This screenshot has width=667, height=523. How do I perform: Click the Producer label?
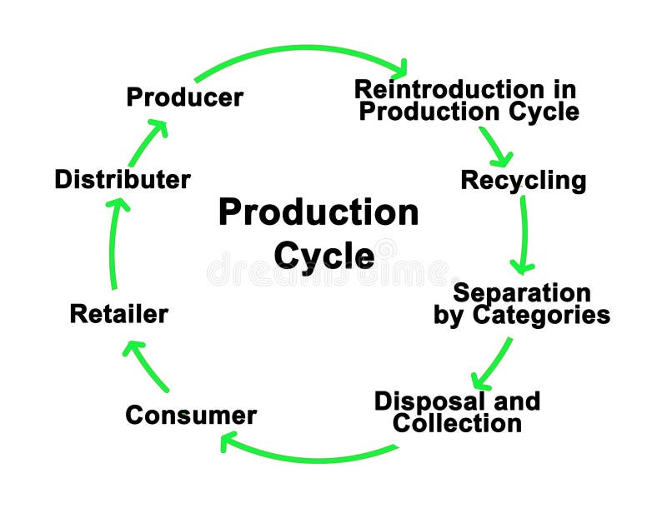tap(184, 97)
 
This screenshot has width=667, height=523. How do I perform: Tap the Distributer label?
tap(123, 179)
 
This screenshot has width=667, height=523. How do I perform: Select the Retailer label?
tap(119, 314)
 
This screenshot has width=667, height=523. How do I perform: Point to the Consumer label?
tap(191, 415)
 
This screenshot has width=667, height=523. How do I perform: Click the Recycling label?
tap(524, 180)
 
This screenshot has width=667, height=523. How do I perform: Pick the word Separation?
tap(522, 293)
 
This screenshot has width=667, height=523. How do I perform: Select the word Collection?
tap(457, 423)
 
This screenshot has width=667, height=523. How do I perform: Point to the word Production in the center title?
tap(318, 212)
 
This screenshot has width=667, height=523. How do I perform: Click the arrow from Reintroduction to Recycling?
tap(494, 146)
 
